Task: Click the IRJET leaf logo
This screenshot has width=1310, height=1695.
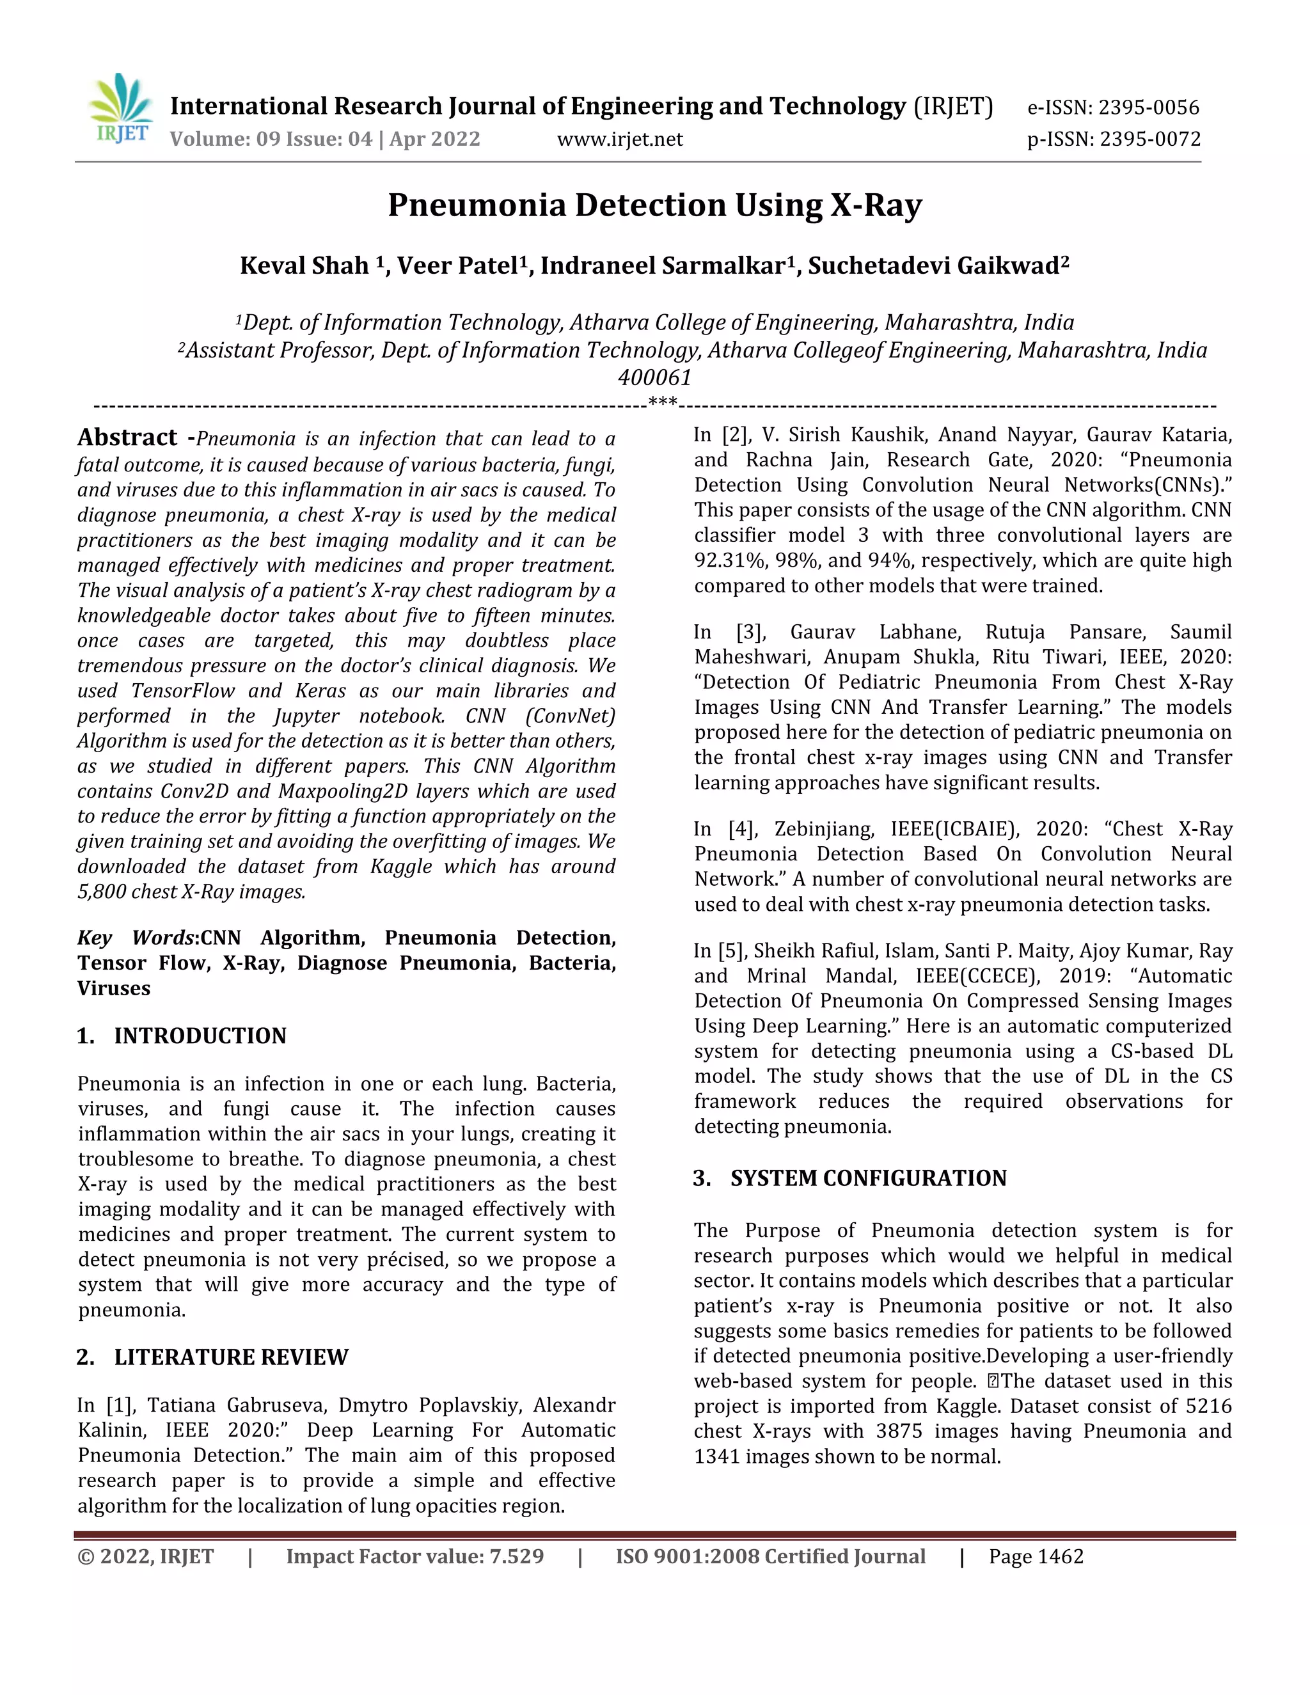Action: pos(121,108)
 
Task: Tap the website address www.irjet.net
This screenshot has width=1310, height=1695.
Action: pos(620,139)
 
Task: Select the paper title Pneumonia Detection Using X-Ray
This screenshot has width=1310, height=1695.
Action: pos(654,205)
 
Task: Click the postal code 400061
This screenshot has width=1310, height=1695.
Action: pos(654,378)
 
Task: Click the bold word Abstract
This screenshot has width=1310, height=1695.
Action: pos(127,438)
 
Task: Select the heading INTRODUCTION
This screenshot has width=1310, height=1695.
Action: pos(200,1036)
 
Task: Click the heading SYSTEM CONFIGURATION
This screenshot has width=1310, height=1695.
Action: pos(867,1178)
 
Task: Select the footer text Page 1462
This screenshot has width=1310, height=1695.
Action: pos(1036,1557)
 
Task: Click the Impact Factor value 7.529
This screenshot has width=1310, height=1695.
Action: pos(516,1557)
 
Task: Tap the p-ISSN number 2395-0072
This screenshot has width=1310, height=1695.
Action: pos(1150,139)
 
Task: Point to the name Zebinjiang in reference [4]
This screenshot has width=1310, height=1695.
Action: pos(823,829)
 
